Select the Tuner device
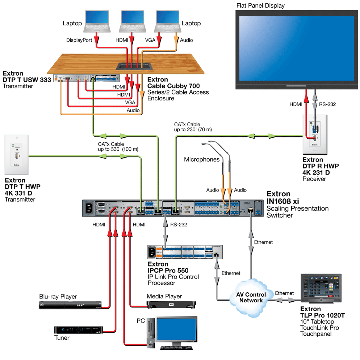(78, 330)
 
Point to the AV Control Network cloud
(251, 297)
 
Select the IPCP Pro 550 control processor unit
(185, 252)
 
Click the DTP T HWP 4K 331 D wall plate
(16, 155)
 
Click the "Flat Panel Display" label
(260, 6)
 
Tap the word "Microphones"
(202, 159)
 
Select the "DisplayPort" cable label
(79, 40)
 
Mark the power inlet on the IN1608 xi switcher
(88, 208)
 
